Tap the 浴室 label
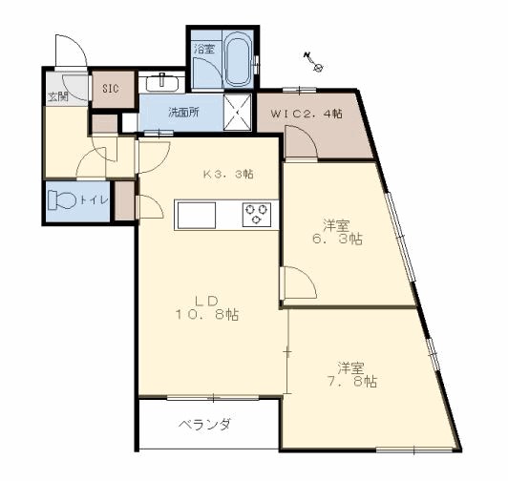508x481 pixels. pyautogui.click(x=203, y=47)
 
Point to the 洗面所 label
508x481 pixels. pyautogui.click(x=183, y=113)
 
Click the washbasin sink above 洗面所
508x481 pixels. pyautogui.click(x=162, y=82)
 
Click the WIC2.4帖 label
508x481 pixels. pyautogui.click(x=307, y=113)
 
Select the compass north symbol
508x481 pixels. pyautogui.click(x=316, y=63)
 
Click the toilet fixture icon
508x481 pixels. pyautogui.click(x=64, y=201)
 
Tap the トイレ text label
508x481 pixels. pyautogui.click(x=94, y=200)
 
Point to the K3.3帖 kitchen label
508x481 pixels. pyautogui.click(x=228, y=175)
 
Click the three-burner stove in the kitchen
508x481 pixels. pyautogui.click(x=257, y=214)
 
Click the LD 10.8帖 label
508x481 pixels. pyautogui.click(x=204, y=305)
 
